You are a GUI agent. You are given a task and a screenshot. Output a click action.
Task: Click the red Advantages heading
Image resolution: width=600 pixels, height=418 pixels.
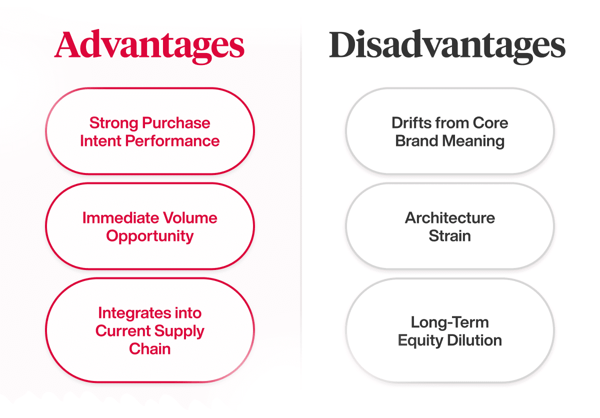[149, 45]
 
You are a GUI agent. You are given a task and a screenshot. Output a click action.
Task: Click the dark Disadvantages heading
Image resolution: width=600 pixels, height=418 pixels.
[447, 45]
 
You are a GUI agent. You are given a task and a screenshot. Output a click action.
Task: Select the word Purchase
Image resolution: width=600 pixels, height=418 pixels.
[176, 123]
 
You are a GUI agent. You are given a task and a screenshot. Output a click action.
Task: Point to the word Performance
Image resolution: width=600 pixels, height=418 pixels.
[172, 141]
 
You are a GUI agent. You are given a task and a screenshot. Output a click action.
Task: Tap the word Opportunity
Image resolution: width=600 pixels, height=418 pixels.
[149, 236]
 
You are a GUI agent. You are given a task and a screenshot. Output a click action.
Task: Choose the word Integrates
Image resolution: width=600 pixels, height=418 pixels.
[134, 313]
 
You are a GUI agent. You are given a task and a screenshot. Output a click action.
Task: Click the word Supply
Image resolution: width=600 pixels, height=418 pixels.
[179, 331]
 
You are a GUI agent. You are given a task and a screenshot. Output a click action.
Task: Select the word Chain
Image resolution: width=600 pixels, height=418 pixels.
[149, 349]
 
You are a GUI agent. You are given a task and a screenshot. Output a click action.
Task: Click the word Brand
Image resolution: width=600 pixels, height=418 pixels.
[417, 141]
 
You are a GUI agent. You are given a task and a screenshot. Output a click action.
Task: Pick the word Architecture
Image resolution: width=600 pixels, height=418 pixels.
[449, 218]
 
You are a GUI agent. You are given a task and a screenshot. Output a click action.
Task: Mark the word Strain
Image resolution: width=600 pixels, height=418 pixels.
[449, 236]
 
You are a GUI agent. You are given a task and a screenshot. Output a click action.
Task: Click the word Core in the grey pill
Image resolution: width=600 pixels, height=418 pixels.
[490, 123]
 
